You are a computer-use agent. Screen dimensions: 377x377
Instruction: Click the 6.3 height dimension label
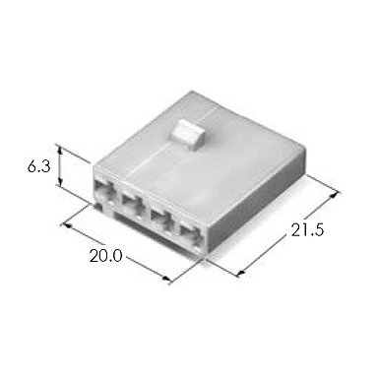tap(38, 167)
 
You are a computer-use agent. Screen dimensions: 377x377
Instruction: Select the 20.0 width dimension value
tap(105, 256)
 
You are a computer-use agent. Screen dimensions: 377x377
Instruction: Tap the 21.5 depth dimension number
tap(307, 229)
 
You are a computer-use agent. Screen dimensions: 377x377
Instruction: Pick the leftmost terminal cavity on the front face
tap(103, 192)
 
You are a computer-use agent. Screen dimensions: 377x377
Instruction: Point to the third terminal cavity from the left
tap(161, 219)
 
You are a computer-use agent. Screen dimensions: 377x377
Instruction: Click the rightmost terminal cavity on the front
tap(191, 232)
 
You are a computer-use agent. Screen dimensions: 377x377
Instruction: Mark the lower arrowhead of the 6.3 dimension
tap(60, 181)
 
